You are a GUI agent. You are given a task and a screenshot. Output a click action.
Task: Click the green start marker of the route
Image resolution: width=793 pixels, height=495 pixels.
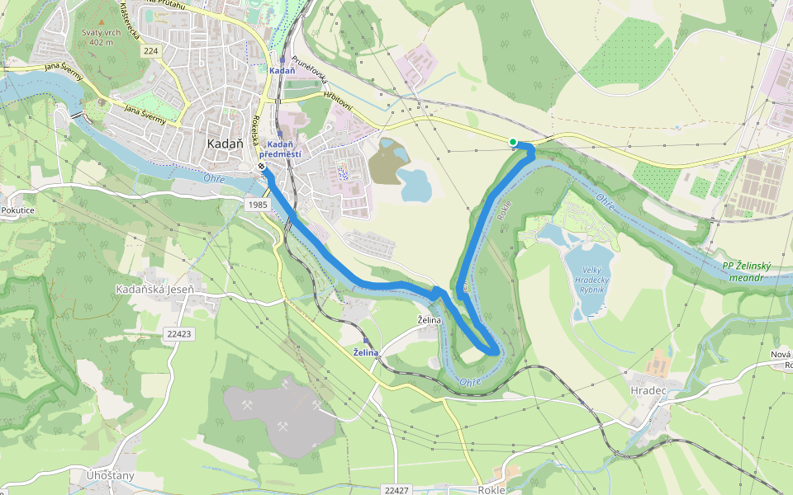pos(513,143)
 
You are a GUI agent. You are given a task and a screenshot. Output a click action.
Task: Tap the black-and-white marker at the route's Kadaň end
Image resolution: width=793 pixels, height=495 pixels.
pos(261,167)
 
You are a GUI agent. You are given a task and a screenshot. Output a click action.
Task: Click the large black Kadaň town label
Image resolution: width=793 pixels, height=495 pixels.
pos(225,143)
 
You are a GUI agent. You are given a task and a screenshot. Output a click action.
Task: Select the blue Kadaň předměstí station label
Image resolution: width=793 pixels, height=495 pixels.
pos(280,149)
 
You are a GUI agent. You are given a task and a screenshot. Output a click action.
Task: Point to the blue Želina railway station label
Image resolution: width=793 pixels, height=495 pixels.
pos(365,352)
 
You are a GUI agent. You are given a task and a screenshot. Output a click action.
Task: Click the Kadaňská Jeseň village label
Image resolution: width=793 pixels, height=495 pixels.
pos(155,290)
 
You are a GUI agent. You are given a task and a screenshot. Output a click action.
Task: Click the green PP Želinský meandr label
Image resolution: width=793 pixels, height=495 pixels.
pos(747,271)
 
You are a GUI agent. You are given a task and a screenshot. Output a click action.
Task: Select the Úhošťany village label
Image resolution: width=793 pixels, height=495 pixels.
pos(111,476)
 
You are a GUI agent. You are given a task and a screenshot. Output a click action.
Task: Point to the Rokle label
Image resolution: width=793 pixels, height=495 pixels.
pos(491,489)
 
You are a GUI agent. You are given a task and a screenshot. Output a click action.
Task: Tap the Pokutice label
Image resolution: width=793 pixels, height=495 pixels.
pos(17,210)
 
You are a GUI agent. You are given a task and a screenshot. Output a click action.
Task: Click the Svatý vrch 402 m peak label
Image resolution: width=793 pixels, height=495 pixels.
pos(102,36)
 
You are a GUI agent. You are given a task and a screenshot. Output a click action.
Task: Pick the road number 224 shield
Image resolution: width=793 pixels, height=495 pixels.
pos(150,50)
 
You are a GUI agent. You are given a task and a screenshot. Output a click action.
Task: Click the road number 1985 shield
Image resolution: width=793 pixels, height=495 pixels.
pos(258,204)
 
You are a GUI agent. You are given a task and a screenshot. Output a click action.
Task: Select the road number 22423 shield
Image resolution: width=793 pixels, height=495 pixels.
pos(178,334)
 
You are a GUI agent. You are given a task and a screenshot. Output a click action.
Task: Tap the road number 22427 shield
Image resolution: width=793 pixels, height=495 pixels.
pos(396,490)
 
